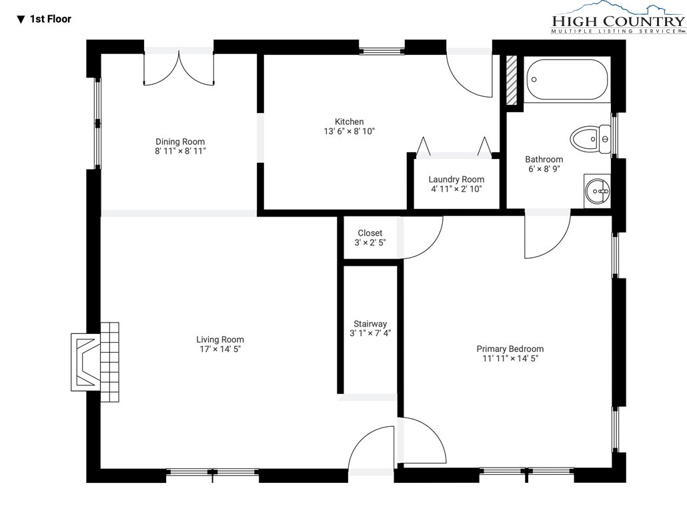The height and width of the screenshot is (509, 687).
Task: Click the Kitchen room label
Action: (350, 122)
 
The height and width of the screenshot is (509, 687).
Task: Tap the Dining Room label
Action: (180, 142)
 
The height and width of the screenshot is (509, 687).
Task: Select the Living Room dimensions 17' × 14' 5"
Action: (220, 349)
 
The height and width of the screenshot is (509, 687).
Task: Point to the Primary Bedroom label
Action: (510, 349)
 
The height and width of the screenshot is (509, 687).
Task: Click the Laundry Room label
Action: (456, 180)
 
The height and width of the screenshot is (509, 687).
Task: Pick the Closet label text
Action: (370, 233)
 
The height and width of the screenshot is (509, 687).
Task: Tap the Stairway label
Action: (370, 324)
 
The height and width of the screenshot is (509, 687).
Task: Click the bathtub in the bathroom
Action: (567, 79)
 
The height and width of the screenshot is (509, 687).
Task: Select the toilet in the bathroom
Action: (590, 139)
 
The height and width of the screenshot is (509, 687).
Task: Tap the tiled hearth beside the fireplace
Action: (109, 362)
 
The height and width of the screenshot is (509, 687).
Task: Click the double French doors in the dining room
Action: (179, 68)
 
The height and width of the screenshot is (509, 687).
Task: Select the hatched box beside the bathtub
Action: (512, 80)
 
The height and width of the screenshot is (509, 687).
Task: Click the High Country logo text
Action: (618, 21)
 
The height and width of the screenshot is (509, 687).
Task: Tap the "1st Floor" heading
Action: (51, 19)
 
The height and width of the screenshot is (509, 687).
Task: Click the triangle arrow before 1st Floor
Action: (21, 19)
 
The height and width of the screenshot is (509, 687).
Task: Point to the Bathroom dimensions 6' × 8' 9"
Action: (544, 169)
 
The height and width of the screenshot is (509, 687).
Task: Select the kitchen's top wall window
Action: (382, 51)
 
